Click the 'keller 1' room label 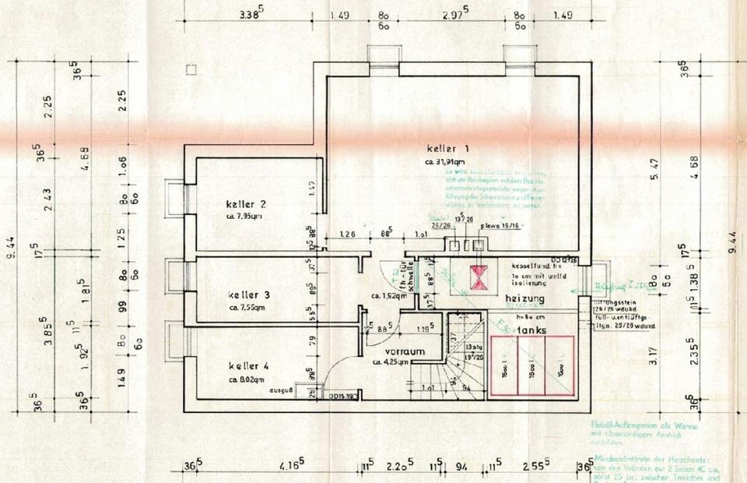[447, 148]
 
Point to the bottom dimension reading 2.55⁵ [533, 467]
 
